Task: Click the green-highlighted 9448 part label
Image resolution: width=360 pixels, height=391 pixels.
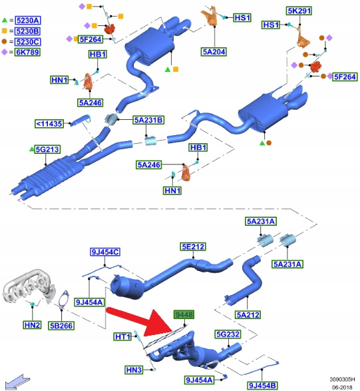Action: (184, 314)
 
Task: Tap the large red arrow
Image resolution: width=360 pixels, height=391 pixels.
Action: (141, 322)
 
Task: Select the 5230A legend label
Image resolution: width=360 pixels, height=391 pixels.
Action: (28, 20)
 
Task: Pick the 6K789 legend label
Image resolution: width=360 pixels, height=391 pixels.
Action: (27, 52)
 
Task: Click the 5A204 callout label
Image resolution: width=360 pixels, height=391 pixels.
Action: (214, 51)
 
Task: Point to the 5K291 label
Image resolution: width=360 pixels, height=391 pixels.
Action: (299, 11)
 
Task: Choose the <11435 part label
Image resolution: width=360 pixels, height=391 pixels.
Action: (49, 124)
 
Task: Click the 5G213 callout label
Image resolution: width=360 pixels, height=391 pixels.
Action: (47, 149)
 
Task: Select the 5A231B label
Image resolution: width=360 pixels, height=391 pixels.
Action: (148, 120)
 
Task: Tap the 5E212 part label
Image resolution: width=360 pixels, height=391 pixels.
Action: (194, 246)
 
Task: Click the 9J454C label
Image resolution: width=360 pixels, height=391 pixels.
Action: (105, 252)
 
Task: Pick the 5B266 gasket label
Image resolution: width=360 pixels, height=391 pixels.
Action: (61, 326)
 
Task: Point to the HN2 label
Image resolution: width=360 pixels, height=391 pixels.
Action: (32, 325)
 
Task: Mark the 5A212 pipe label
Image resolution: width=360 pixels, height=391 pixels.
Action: (248, 314)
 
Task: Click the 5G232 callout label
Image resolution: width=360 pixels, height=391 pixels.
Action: (228, 334)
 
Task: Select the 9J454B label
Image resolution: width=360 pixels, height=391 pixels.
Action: (262, 386)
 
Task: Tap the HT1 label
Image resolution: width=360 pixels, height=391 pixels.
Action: (122, 337)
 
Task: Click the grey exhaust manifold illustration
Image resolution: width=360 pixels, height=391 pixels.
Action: (29, 287)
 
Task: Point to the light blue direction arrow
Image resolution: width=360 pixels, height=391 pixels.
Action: (17, 382)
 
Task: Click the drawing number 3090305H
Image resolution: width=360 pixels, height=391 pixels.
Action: (342, 379)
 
